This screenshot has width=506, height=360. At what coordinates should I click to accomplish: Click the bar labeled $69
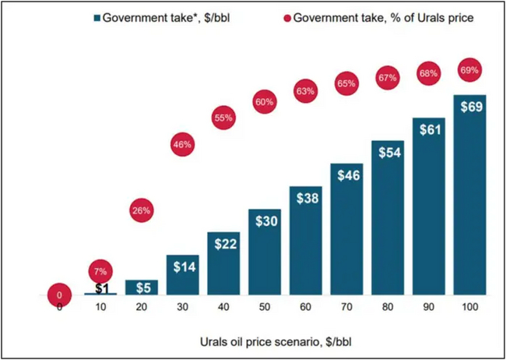coord(469,195)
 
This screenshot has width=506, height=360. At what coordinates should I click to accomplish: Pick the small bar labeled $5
coord(141,288)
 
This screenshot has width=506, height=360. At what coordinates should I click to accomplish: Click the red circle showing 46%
coord(183,144)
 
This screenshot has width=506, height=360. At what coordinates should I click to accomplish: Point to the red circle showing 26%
coord(142,210)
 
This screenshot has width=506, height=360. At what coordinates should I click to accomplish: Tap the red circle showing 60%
coord(265,102)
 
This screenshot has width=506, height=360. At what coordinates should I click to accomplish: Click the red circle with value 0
coord(59,295)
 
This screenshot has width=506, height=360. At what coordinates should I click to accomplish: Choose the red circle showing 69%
coord(469,71)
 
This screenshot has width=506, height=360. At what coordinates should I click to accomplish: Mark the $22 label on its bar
coord(223,244)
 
